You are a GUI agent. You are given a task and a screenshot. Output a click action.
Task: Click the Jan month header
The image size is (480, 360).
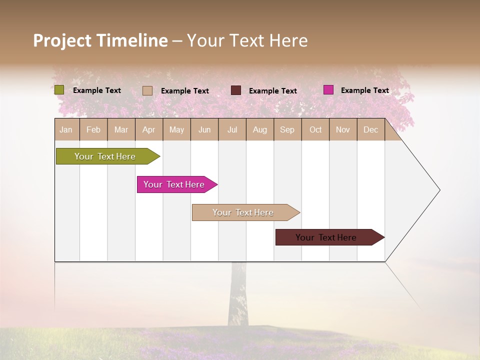click(x=66, y=129)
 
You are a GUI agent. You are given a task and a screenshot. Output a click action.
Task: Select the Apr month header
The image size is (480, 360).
click(x=149, y=129)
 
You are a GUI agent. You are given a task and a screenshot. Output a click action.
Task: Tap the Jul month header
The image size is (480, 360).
click(x=232, y=129)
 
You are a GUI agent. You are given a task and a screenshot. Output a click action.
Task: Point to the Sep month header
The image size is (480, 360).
click(x=287, y=129)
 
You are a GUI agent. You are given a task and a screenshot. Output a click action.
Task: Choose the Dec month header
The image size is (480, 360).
click(x=370, y=129)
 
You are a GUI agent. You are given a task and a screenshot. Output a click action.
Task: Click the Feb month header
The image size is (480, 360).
click(x=93, y=129)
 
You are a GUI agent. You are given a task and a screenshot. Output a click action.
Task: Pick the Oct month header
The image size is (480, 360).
click(x=315, y=129)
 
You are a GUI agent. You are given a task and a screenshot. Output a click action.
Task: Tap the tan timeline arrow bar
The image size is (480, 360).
click(x=243, y=212)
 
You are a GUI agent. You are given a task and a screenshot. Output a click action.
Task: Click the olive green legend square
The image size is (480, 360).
click(x=59, y=90)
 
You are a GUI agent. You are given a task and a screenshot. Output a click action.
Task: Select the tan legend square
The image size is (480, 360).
click(x=147, y=90)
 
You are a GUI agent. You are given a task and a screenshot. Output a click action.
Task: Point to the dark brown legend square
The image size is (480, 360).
click(x=236, y=90)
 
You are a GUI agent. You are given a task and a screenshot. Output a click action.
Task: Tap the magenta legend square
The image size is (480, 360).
click(x=328, y=90)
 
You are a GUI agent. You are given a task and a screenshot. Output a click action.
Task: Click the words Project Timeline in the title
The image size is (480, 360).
click(x=100, y=40)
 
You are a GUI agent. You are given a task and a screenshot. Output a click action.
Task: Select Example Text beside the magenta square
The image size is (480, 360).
click(x=364, y=90)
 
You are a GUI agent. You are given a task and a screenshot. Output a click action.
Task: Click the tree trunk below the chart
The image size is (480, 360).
click(x=238, y=295)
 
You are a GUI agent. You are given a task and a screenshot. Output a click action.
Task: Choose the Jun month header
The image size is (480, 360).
click(x=204, y=129)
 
